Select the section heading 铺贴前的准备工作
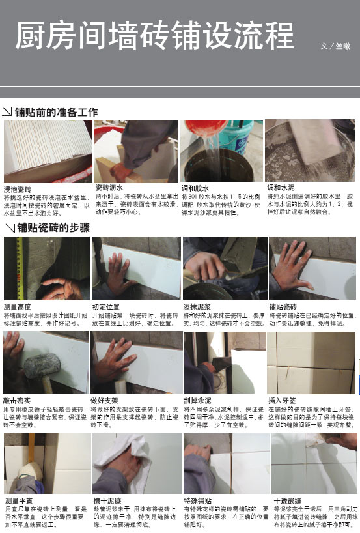click(x=56, y=112)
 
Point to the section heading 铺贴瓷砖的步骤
click(x=53, y=227)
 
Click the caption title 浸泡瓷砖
click(x=17, y=189)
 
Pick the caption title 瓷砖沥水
click(x=109, y=188)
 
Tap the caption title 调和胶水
click(x=195, y=188)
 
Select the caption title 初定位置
click(x=105, y=306)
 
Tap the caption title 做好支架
click(x=105, y=401)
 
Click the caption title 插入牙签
click(x=281, y=401)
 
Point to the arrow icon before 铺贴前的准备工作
click(x=7, y=113)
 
